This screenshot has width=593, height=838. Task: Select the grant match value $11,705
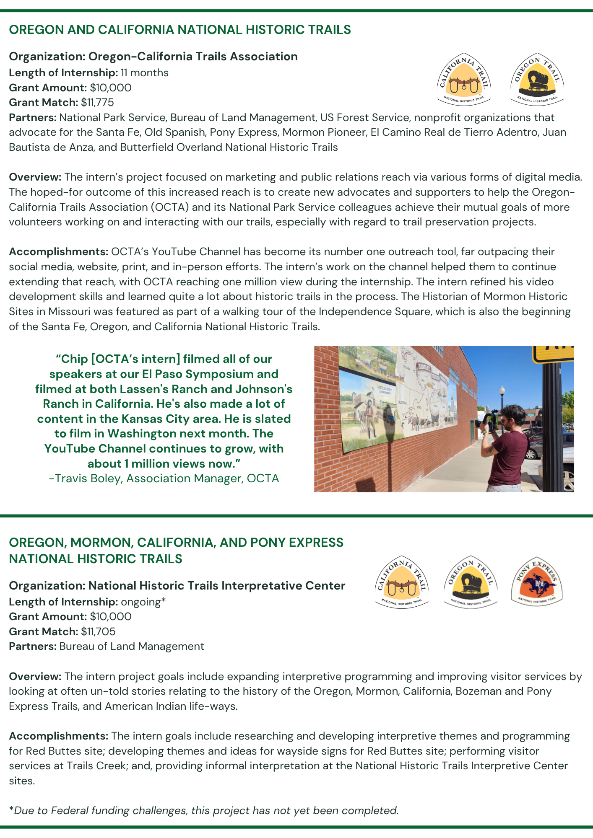pos(98,631)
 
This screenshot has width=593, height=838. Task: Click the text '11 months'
pos(145,73)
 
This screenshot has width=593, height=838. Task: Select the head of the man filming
pos(508,415)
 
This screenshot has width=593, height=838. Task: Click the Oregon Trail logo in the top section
pos(537,80)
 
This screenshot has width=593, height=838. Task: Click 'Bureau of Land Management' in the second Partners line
pos(132,647)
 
